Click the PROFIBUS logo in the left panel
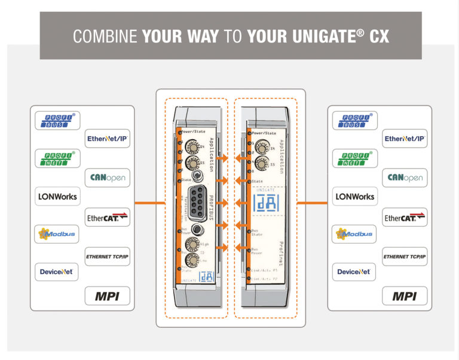click(x=57, y=121)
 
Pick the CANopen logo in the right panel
click(x=405, y=177)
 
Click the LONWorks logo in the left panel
click(x=57, y=196)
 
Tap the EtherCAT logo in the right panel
click(x=405, y=217)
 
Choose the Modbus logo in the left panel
click(x=57, y=234)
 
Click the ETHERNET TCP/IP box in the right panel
click(x=405, y=257)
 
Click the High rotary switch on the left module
click(x=193, y=243)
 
